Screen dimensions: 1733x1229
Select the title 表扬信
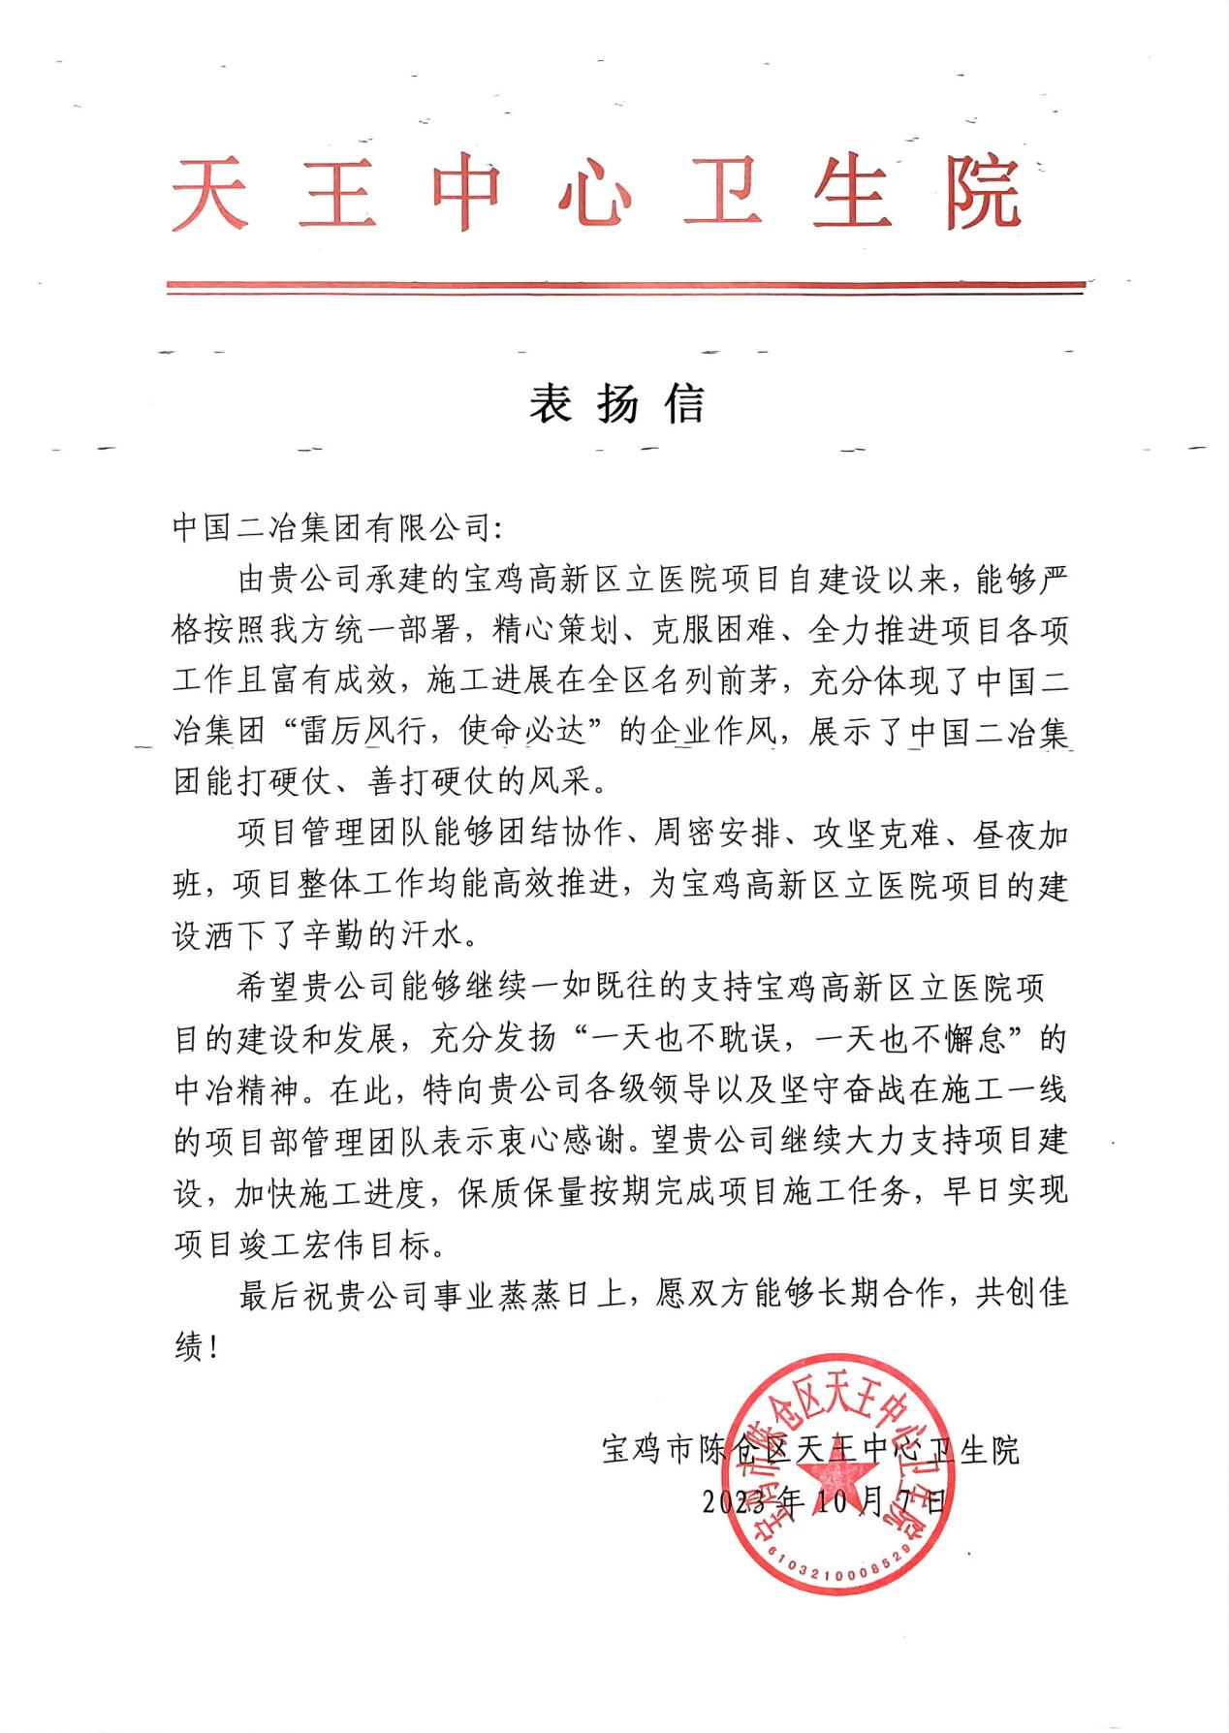(x=617, y=403)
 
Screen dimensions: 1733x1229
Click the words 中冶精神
(x=237, y=1090)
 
